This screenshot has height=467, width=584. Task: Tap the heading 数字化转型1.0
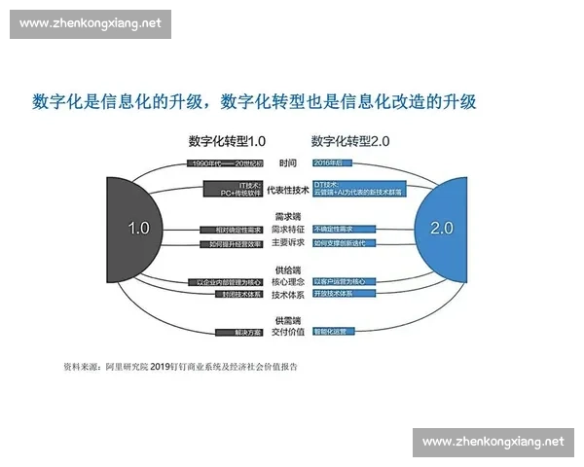(226, 141)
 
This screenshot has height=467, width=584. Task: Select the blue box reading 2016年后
(333, 162)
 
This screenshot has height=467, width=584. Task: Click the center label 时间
(287, 162)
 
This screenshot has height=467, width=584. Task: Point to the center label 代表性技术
(287, 190)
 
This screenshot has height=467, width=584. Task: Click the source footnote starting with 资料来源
(180, 367)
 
